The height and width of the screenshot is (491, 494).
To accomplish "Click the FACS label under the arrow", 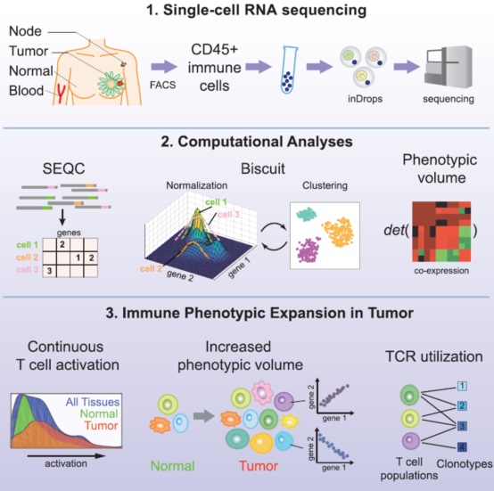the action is pos(162,85).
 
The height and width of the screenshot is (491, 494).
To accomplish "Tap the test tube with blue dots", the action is pos(289,70).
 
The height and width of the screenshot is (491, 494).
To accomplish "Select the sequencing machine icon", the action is pos(448,67).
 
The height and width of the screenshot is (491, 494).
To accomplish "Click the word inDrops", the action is pos(365,99).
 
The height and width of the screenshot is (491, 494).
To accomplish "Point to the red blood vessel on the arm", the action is pos(61,94).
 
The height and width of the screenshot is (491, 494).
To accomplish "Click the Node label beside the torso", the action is pos(25,31).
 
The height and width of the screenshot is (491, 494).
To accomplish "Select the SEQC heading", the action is pos(63,168).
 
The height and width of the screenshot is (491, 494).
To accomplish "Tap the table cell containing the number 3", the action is pos(49,271).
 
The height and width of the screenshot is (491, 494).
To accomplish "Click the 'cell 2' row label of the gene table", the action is pos(27,258).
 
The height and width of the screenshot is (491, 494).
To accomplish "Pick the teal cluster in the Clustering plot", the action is pos(306,214).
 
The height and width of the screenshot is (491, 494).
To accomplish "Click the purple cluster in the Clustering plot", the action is pos(307,250).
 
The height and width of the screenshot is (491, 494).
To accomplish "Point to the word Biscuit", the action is pos(263,168).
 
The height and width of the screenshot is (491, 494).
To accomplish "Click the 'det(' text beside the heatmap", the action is pos(396,231).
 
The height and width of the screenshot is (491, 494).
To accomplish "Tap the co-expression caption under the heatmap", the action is pos(441,271).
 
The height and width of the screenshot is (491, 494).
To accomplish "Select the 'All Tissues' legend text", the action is pos(93,402).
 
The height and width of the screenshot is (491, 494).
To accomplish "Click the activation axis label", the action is pos(66,463).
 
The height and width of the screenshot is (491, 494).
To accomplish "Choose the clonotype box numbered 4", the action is pos(462,447).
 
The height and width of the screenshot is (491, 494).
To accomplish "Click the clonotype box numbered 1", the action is pos(462,386).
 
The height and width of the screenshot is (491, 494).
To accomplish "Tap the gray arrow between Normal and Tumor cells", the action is pos(203,416).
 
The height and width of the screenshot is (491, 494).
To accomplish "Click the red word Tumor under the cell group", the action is pos(259,466).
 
